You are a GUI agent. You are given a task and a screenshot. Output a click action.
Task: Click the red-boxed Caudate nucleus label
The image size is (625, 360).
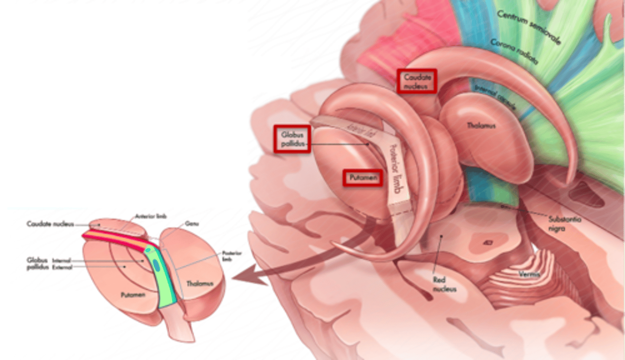(417, 81)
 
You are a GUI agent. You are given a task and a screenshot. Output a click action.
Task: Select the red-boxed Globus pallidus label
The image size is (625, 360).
(292, 139)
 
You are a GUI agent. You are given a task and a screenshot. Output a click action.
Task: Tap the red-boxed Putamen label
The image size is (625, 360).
(362, 178)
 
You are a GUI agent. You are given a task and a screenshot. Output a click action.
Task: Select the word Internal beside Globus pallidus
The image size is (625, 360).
(62, 260)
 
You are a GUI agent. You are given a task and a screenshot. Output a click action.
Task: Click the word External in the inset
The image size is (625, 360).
(62, 267)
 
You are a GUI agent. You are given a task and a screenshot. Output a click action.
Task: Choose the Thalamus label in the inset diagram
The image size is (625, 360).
(200, 284)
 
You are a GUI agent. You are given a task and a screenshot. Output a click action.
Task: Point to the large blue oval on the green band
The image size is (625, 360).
(156, 265)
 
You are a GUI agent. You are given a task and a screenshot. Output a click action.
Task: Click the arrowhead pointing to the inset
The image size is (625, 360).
(247, 278)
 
